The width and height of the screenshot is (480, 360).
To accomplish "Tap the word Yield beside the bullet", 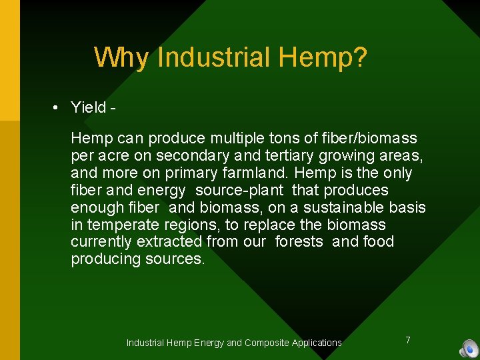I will coord(89,107).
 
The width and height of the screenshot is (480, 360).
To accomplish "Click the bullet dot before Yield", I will coord(57,108).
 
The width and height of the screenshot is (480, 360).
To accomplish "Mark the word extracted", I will coord(169,241).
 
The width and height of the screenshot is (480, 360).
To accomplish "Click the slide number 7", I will coord(408,340).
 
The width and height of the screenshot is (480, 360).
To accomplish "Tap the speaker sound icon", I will coord(468,349).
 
